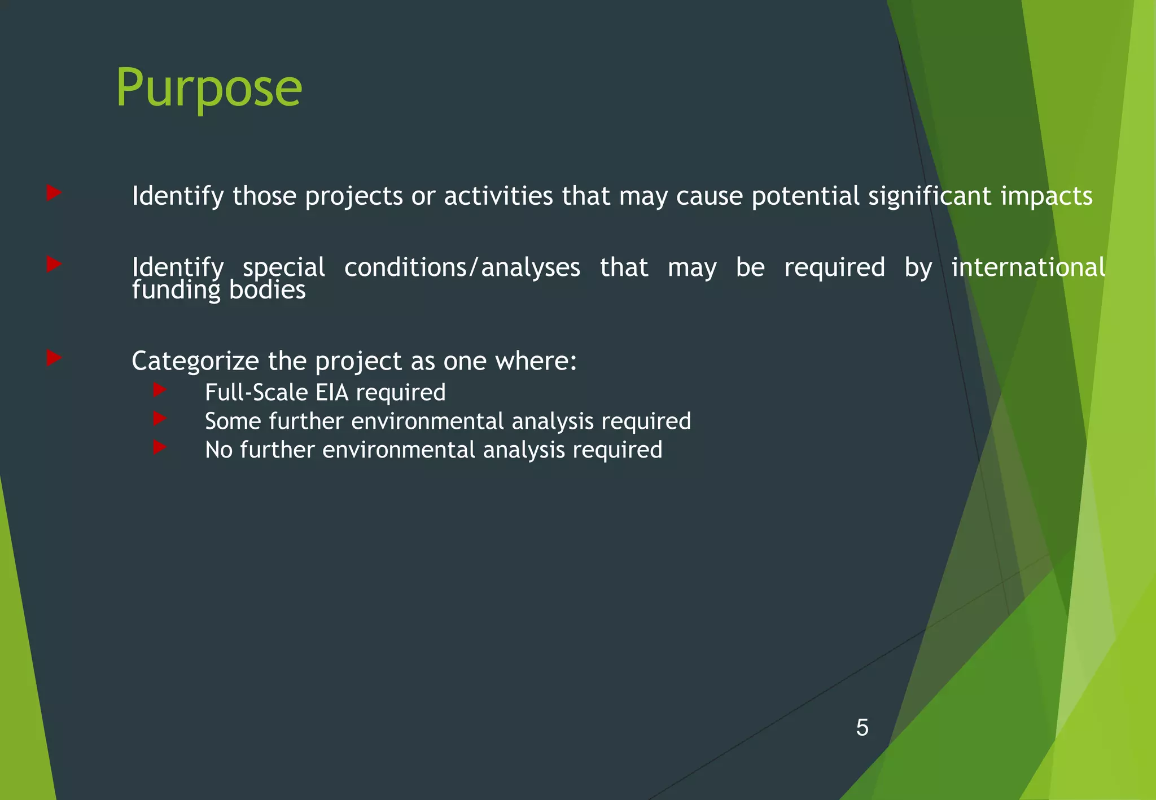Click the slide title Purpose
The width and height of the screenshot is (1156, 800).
tap(209, 89)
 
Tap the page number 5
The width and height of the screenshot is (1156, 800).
tap(862, 728)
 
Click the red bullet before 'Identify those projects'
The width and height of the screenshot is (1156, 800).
tap(54, 193)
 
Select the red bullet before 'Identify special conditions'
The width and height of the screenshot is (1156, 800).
tap(54, 264)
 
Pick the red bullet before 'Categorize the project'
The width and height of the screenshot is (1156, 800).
tap(54, 358)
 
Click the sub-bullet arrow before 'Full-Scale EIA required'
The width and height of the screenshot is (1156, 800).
tap(159, 389)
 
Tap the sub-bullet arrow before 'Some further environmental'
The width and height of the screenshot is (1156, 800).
tap(159, 418)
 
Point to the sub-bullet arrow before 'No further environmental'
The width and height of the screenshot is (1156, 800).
tap(159, 447)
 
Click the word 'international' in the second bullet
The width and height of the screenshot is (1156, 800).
tap(1028, 267)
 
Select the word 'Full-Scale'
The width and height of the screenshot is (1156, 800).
tap(256, 393)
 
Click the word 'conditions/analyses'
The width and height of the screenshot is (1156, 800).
tap(462, 267)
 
